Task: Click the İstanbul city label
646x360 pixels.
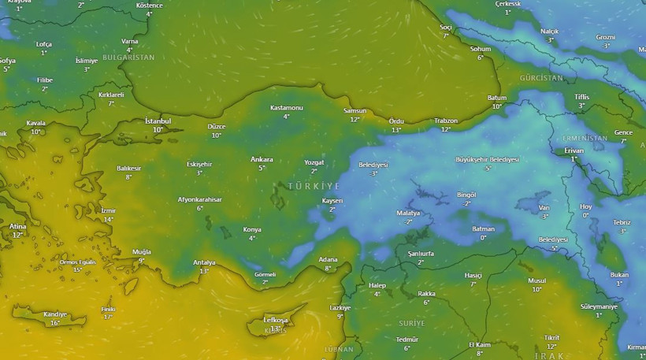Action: point(158,121)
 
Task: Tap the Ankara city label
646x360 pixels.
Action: point(262,159)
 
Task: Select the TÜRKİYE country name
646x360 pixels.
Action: point(314,186)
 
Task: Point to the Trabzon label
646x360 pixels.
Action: point(446,121)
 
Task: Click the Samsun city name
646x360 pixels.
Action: point(355,111)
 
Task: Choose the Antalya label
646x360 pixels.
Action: point(204,262)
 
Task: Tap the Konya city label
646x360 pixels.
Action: point(252,229)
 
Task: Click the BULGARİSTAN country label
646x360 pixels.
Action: point(128,58)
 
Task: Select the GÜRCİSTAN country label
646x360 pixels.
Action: point(541,78)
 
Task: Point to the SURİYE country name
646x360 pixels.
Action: point(410,323)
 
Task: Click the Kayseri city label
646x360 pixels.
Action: point(333,201)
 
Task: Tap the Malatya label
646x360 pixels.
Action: point(408,213)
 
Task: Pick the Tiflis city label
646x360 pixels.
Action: point(581,97)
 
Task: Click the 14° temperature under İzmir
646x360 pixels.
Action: point(108,220)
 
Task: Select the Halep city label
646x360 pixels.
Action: point(377,284)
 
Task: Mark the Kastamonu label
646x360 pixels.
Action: point(286,107)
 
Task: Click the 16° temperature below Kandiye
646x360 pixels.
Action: point(55,323)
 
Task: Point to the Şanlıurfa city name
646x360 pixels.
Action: point(421,253)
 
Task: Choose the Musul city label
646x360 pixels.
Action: point(536,280)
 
